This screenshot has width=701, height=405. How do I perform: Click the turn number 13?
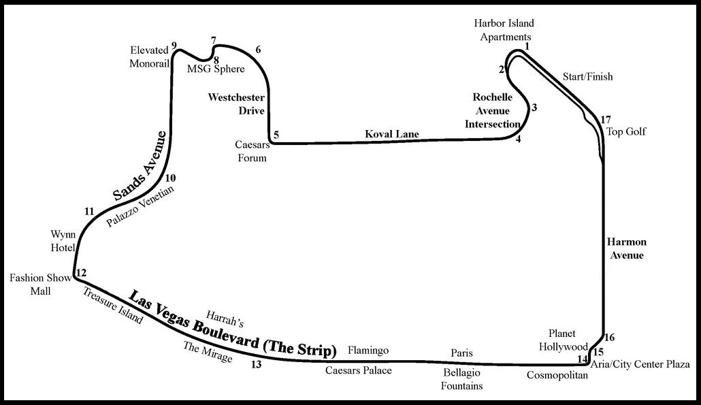256,364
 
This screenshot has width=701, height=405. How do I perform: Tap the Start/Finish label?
587,77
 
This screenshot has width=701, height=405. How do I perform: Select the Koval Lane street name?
392,134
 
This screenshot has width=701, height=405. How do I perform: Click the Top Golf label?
626,131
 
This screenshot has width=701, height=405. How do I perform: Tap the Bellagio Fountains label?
463,379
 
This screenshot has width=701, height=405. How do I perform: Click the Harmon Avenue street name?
627,248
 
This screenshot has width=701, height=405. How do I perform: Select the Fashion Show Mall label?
36,284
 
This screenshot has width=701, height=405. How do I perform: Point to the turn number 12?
81,274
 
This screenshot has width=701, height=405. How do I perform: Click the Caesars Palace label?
358,370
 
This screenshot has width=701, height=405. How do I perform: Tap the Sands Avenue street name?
140,165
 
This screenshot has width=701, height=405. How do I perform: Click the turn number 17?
606,120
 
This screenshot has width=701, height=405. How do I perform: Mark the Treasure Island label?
113,305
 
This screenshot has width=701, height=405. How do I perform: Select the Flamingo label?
368,351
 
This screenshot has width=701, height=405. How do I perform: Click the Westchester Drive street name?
236,104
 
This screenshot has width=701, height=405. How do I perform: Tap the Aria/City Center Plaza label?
640,364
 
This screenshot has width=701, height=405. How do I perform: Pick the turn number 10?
170,178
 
